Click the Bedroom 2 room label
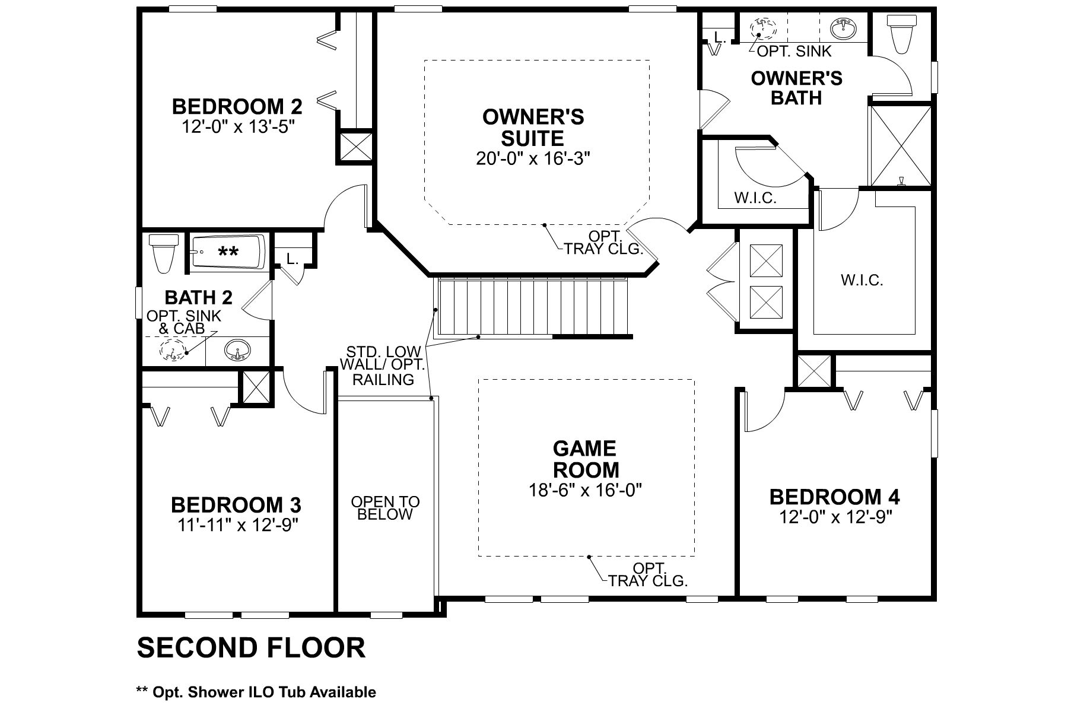237,107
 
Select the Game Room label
586,459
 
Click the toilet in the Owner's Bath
901,33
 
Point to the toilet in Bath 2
165,253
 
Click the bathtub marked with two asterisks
228,253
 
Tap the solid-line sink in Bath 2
237,351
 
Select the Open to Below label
385,508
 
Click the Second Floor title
251,647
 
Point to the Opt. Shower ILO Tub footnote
256,692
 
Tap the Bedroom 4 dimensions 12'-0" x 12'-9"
835,517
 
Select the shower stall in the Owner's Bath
900,145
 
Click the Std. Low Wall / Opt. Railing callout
383,365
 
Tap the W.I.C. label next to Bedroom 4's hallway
862,280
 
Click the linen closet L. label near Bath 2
291,259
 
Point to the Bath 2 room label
198,297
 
